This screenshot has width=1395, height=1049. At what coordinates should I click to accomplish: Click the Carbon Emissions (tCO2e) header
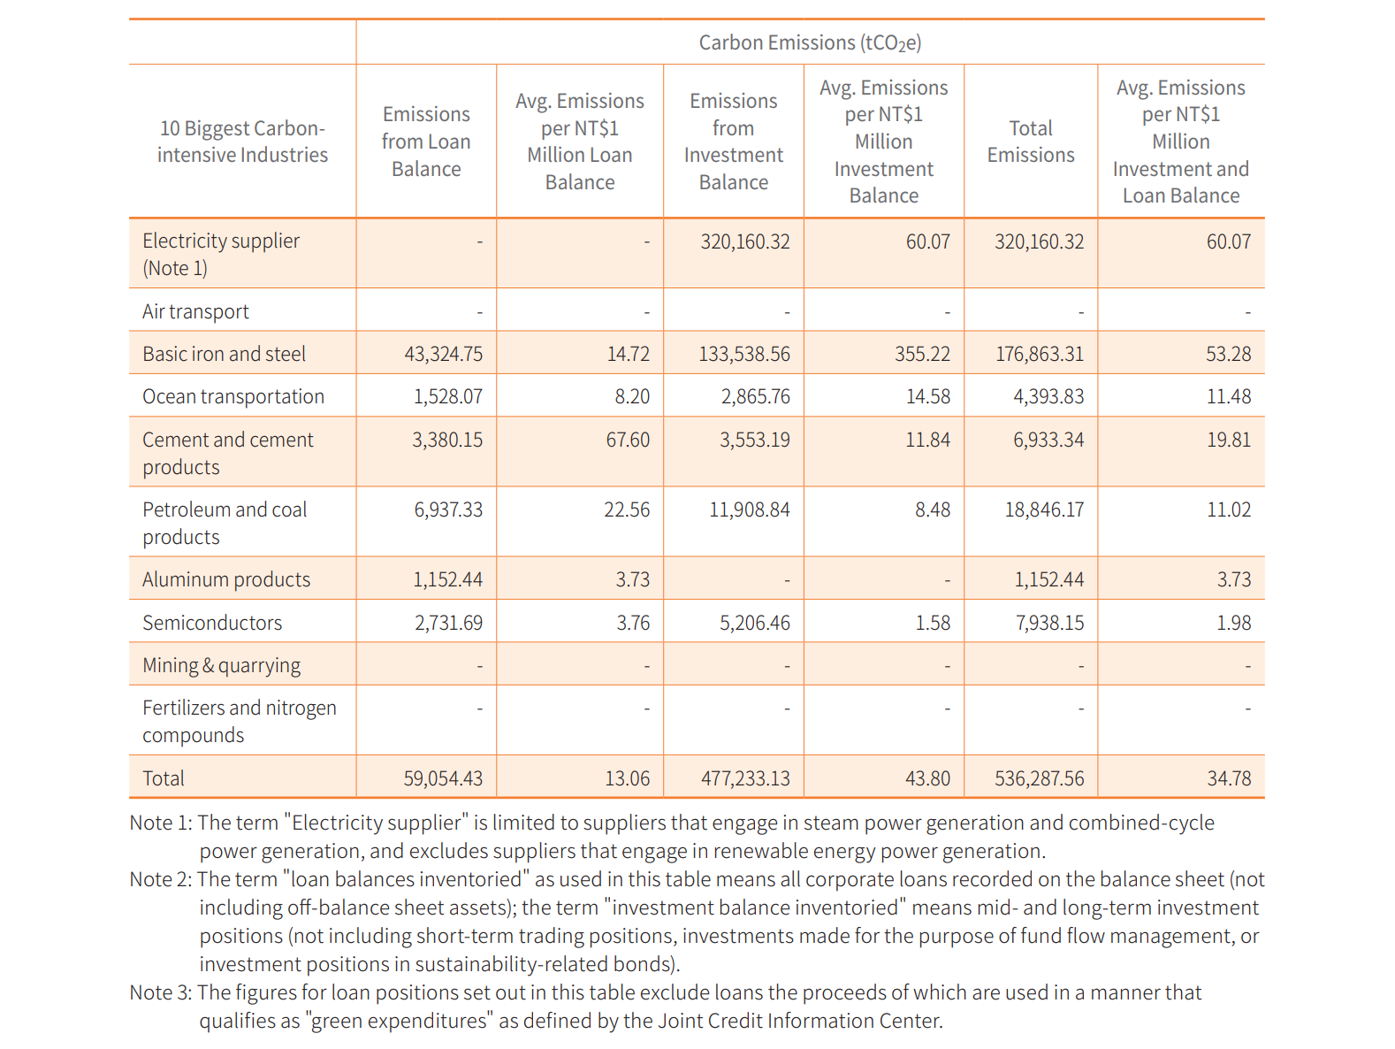point(810,42)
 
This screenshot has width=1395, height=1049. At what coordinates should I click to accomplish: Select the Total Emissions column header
point(1030,142)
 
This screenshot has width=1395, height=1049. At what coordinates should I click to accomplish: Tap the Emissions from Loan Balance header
point(426,142)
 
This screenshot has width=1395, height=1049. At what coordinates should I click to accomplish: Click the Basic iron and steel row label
point(224,354)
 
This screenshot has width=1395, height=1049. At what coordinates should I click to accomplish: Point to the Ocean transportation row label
point(233,396)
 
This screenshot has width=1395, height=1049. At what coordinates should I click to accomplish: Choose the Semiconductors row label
point(212,623)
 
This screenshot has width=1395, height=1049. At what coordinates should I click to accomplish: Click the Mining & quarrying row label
point(221,665)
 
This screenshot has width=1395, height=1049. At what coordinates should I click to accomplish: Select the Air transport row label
point(195,311)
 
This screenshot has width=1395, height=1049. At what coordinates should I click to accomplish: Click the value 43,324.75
point(443,354)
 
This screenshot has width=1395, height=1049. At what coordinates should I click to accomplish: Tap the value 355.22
point(922,354)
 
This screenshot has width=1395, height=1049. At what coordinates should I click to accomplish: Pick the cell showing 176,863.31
point(1039,354)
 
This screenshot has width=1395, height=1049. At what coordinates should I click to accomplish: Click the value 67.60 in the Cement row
point(628,440)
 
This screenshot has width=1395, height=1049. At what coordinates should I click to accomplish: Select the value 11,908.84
point(750,509)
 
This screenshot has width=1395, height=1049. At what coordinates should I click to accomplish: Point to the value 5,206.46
point(754,623)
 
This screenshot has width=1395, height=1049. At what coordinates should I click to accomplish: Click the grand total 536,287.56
point(1039,778)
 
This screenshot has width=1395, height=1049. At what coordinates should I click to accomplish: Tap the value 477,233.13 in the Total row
point(745,778)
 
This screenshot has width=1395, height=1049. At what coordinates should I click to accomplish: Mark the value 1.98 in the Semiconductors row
point(1233,623)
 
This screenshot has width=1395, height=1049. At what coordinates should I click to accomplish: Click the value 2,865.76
point(755,396)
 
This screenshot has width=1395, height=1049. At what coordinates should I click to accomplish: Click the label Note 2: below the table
point(161,878)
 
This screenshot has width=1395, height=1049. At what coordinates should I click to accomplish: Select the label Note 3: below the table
point(161,992)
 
